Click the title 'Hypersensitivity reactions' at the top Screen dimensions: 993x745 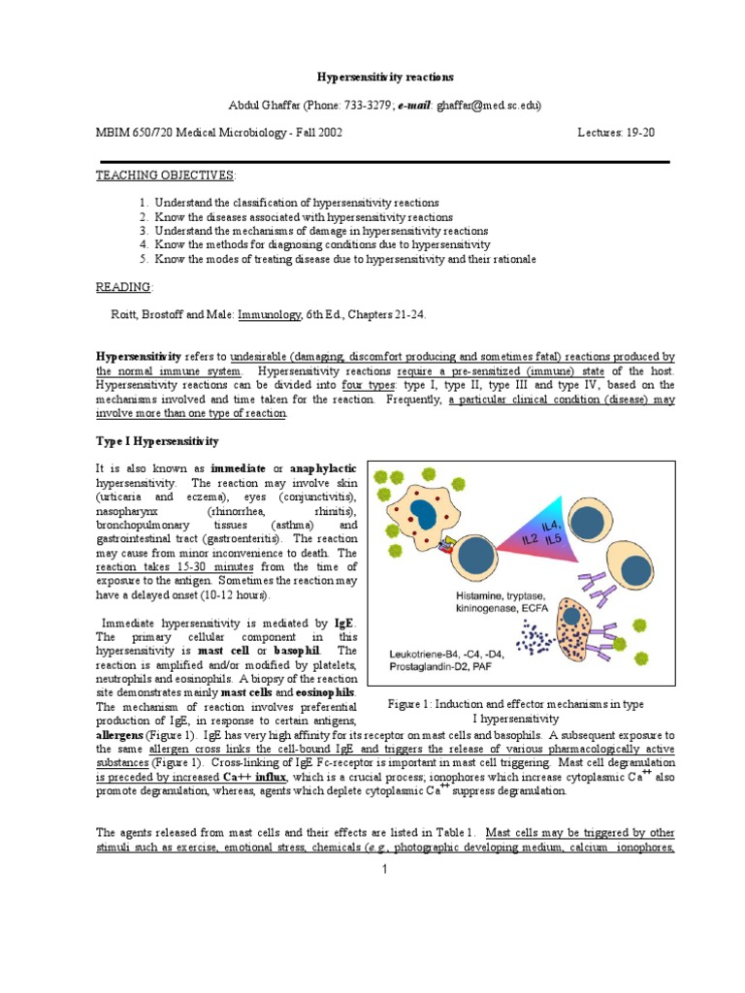pyautogui.click(x=372, y=76)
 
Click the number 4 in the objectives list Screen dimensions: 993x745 pyautogui.click(x=143, y=245)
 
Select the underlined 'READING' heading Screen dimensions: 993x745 pyautogui.click(x=123, y=288)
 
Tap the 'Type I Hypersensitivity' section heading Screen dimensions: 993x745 pyautogui.click(x=156, y=441)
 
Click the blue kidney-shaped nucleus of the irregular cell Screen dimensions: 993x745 pyautogui.click(x=423, y=514)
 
